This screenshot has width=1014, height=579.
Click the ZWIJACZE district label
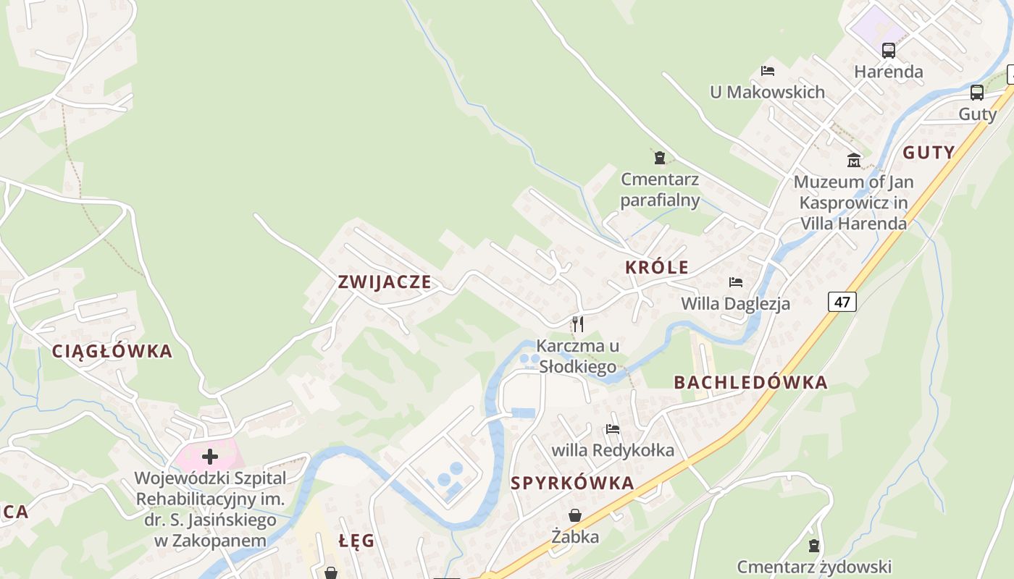click(385, 282)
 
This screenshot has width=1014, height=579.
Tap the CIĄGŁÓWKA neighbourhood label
click(112, 352)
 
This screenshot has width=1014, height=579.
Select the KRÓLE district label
click(657, 267)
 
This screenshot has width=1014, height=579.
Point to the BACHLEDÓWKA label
click(750, 383)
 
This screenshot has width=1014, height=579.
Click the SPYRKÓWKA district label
click(572, 483)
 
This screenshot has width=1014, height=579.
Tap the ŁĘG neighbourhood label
click(357, 541)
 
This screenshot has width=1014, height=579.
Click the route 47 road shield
click(842, 302)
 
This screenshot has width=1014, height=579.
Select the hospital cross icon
click(210, 457)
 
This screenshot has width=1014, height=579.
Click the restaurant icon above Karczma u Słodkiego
click(577, 324)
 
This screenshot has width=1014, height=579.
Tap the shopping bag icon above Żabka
click(575, 515)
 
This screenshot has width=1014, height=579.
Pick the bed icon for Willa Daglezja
click(736, 282)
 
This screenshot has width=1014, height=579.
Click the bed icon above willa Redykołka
click(613, 429)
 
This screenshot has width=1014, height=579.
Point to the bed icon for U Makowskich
click(768, 71)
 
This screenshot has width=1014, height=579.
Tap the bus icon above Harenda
click(889, 51)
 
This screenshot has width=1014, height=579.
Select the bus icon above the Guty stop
click(977, 93)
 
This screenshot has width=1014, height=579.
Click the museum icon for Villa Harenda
click(854, 160)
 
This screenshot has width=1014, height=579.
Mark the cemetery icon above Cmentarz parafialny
click(660, 157)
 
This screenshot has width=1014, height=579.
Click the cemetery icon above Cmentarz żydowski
click(814, 545)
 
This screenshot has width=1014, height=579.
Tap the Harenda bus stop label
click(889, 72)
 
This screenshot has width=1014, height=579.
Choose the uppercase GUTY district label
click(929, 153)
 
